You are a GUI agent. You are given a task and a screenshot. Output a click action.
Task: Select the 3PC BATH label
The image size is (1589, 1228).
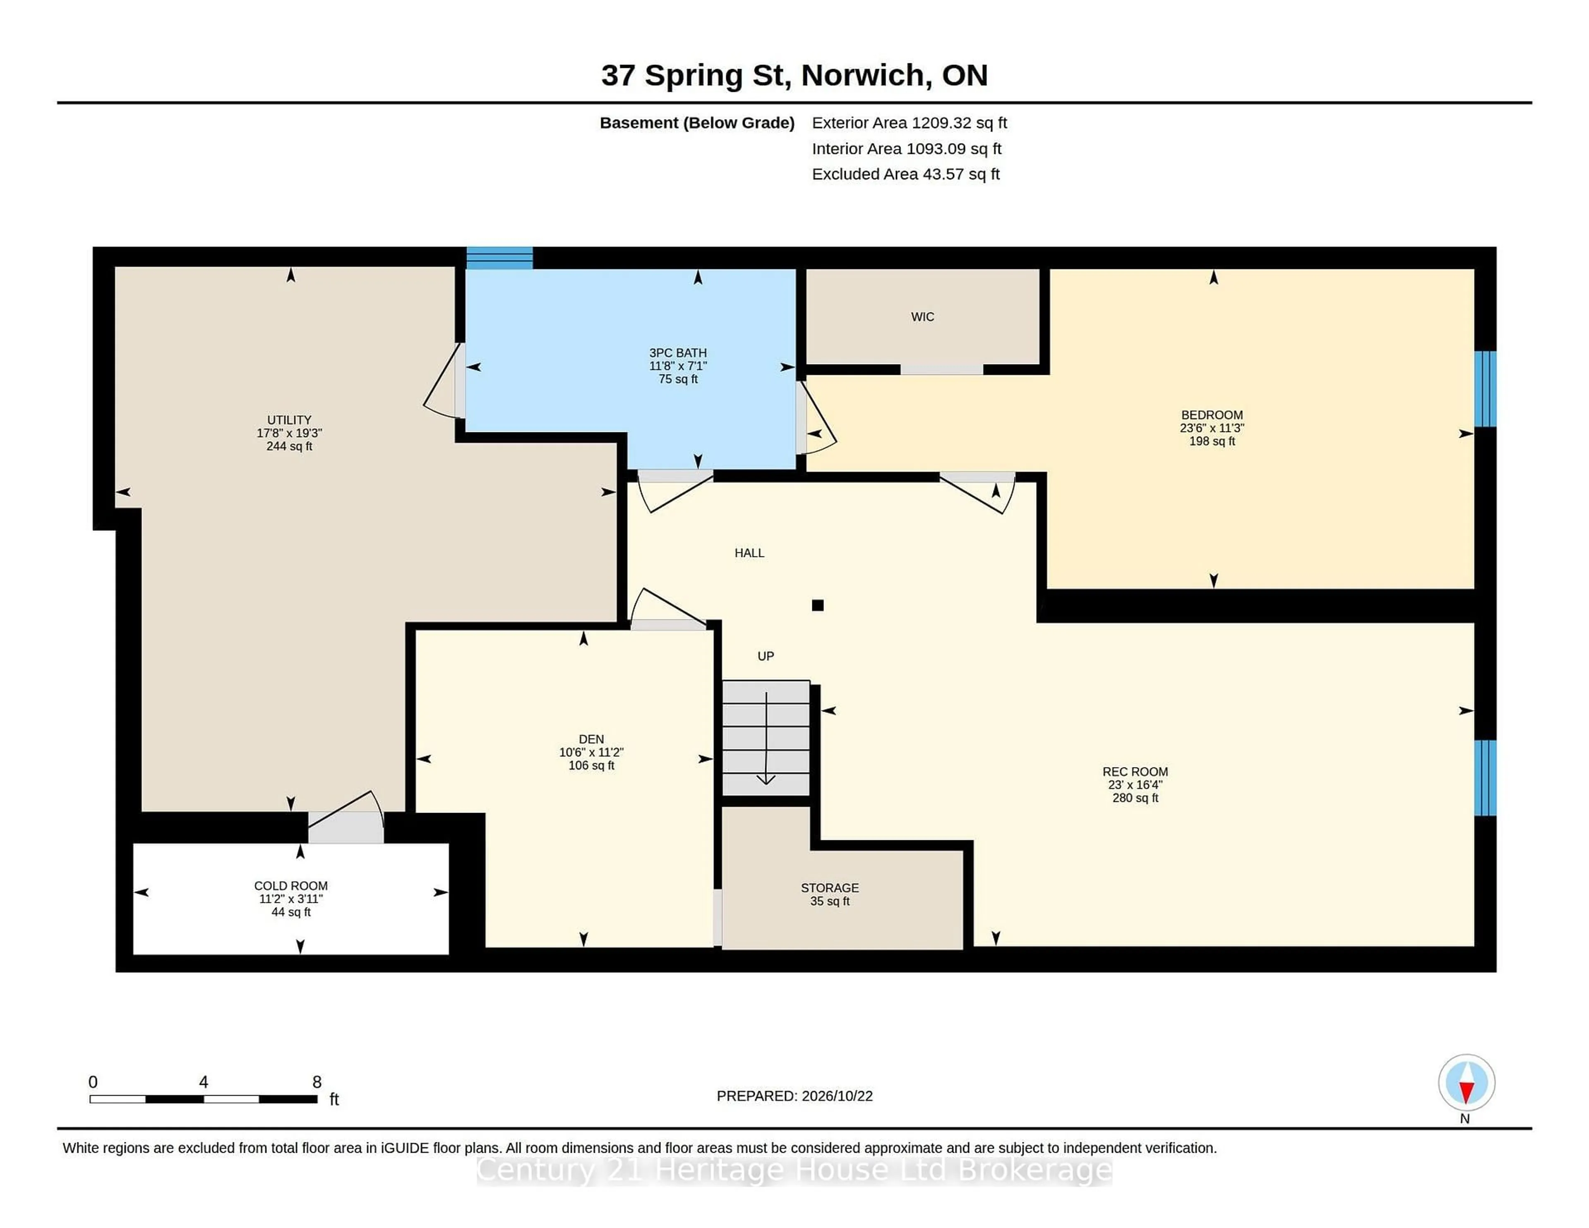tap(678, 353)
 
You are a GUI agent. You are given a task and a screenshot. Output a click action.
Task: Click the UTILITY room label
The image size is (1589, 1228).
tap(289, 420)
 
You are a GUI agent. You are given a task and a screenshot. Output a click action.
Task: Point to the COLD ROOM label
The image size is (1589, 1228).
tap(291, 885)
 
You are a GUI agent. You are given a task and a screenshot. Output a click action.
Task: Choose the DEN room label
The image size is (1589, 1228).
tap(591, 739)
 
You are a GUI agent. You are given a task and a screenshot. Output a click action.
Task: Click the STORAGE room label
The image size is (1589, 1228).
tap(830, 887)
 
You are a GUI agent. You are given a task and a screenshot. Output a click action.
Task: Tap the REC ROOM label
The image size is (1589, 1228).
tap(1135, 772)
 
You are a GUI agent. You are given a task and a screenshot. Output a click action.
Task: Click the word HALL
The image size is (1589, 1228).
tap(749, 553)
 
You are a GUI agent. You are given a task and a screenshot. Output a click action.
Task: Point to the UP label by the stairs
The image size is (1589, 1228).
tap(766, 656)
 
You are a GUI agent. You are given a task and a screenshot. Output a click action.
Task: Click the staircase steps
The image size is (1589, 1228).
tap(766, 738)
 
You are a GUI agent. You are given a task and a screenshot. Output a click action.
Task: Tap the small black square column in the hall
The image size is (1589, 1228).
tap(818, 605)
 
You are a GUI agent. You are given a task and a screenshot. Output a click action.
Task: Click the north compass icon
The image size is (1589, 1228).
tap(1466, 1082)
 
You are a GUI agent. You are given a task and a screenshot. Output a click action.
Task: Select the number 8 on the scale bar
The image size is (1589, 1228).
tap(317, 1082)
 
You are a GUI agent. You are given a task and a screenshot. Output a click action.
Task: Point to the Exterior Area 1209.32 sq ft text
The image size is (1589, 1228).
tap(910, 123)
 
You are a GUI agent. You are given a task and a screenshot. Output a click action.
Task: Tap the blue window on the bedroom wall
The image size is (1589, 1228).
tap(1485, 389)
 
